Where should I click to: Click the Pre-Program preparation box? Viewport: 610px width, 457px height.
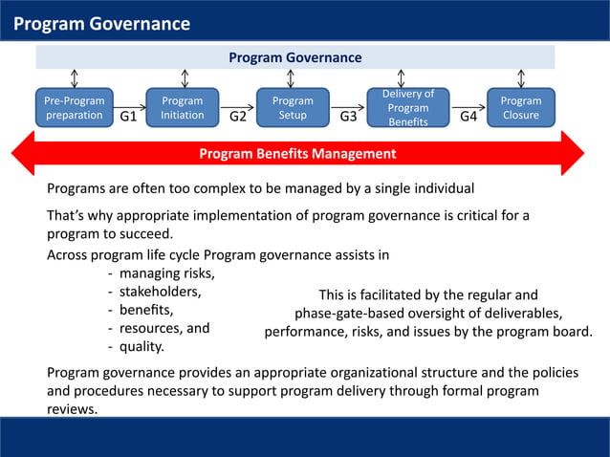pos(74,108)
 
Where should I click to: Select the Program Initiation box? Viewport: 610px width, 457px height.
pos(182,108)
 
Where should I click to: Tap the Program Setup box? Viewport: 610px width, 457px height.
pos(293,108)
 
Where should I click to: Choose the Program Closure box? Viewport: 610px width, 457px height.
pos(520,108)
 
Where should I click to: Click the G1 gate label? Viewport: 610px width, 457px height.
pos(128,118)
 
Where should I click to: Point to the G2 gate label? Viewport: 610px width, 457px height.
pos(239,118)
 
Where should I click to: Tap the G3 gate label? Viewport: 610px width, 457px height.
pos(349,118)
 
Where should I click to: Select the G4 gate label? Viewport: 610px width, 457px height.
pos(468,118)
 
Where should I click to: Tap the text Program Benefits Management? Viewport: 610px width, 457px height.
pos(296,153)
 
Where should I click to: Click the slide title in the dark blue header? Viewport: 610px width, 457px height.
pos(101,24)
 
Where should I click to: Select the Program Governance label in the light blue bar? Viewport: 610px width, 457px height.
pos(294,57)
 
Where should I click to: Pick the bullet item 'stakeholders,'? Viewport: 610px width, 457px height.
pos(159,292)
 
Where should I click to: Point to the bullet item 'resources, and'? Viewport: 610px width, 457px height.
pos(158,328)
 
